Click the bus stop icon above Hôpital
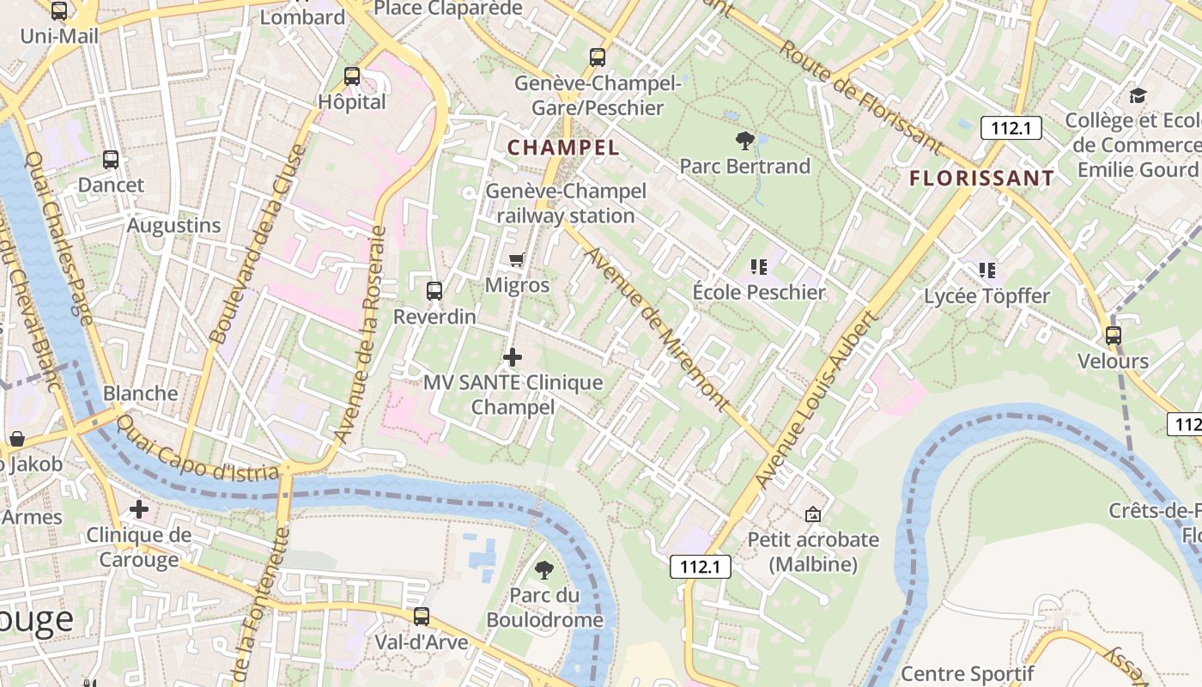tap(352, 76)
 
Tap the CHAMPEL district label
tap(563, 147)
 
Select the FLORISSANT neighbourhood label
tap(981, 179)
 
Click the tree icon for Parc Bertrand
tap(744, 140)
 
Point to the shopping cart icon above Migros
tap(516, 259)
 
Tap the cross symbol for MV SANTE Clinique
tap(513, 356)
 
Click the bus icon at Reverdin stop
tap(434, 291)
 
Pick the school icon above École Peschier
tap(758, 267)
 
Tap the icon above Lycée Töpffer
tap(986, 271)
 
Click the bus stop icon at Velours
tap(1114, 336)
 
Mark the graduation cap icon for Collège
tap(1138, 95)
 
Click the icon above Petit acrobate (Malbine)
tap(812, 514)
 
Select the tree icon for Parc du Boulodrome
tap(543, 569)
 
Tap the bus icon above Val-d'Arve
tap(421, 617)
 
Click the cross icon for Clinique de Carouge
tap(139, 509)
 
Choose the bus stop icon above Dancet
tap(111, 160)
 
